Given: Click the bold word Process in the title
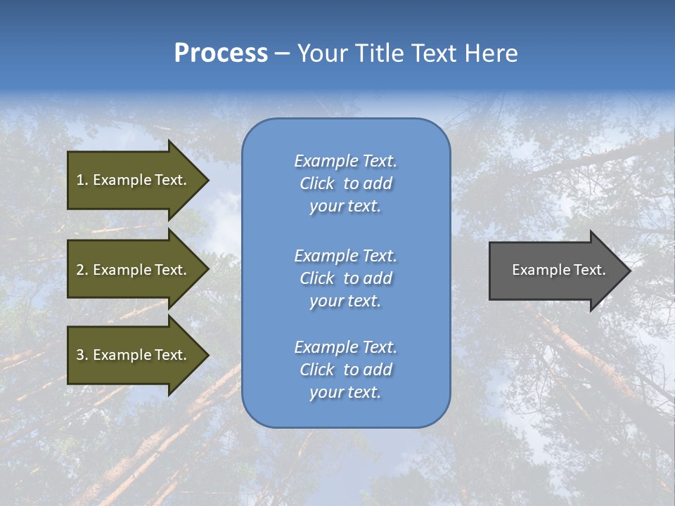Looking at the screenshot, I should (221, 53).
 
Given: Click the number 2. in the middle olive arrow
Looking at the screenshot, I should (82, 270).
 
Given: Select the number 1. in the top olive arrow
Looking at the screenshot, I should (82, 180).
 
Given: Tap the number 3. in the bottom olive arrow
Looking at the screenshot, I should (82, 355).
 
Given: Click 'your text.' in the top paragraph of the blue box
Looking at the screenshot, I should (345, 207).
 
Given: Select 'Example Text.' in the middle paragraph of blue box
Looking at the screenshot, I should (345, 256).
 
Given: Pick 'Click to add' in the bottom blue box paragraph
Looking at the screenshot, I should (345, 370).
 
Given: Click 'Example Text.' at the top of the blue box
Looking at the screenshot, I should (345, 161).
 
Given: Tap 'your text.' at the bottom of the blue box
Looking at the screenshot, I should (345, 392).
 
